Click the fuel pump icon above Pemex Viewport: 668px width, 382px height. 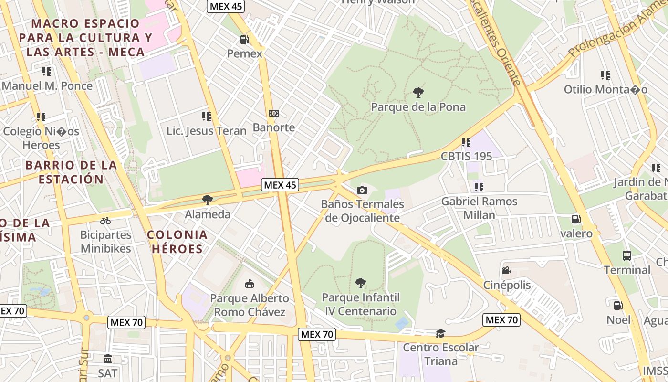point(245,39)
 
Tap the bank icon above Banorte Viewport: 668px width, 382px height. point(274,113)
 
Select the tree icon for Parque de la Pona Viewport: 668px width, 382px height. point(418,92)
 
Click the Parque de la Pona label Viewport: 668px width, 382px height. point(418,107)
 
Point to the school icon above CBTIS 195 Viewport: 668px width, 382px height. point(466,142)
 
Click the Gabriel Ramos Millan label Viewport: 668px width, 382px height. point(479,208)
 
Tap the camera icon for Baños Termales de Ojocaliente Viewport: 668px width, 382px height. point(362,190)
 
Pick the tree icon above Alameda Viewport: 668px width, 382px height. point(207,200)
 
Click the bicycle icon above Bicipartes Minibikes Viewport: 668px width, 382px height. point(105,221)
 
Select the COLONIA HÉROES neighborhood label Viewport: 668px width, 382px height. point(177,242)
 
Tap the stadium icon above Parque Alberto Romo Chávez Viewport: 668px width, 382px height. point(250,284)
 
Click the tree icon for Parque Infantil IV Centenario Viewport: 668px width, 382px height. point(361,283)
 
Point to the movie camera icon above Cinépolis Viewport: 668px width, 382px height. point(507,271)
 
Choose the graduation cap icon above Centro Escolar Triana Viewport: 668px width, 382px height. point(440,333)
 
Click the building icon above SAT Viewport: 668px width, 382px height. point(108,359)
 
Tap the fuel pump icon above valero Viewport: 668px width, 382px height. point(576,219)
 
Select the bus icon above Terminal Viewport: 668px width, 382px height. point(627,255)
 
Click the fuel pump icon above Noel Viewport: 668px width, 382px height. point(618,305)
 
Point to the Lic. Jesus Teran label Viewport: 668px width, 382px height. point(207,131)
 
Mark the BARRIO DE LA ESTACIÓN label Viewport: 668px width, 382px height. point(71,172)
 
